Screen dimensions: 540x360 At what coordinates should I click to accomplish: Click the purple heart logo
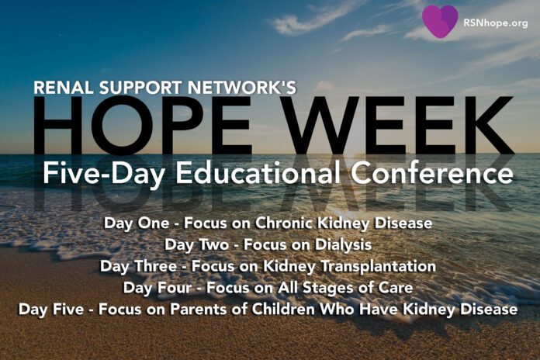[x=440, y=21]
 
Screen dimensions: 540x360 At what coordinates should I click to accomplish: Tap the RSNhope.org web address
[x=496, y=22]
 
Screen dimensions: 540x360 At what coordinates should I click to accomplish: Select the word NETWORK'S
[x=242, y=87]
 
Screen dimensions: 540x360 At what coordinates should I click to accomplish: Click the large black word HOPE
[x=142, y=126]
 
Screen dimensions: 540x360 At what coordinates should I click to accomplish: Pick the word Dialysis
[x=344, y=245]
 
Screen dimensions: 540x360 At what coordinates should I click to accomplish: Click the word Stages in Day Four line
[x=325, y=288]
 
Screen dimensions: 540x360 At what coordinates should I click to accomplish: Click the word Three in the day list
[x=155, y=266]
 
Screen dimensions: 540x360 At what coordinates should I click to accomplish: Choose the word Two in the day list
[x=214, y=244]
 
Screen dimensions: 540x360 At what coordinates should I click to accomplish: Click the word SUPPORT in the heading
[x=141, y=87]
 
